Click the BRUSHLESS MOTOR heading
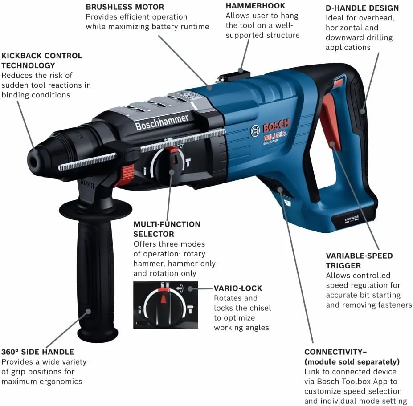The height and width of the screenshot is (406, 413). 125,7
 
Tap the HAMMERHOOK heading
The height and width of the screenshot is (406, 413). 255,6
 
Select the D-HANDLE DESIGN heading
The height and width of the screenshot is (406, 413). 362,8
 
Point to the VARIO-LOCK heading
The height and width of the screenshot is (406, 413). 238,288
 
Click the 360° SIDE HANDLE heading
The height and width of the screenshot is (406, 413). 38,352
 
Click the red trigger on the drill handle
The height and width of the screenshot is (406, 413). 330,116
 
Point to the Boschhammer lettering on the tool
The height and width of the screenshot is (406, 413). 162,121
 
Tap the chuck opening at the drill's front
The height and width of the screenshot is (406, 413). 33,156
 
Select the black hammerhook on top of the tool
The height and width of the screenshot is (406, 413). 241,70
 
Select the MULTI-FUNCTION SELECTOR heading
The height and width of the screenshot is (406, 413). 167,229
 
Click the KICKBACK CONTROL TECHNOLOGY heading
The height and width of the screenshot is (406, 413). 42,61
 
